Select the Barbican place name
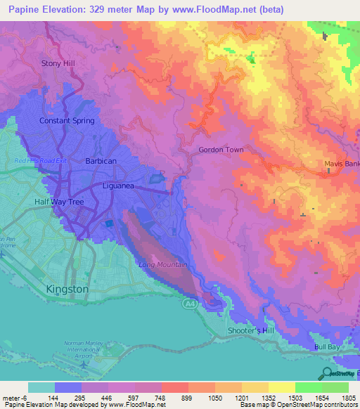point(101,161)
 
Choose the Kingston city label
point(67,289)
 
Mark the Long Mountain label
point(163,265)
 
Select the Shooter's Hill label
point(249,330)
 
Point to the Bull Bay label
point(328,347)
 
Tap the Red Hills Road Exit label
point(41,161)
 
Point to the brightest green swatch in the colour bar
point(309,387)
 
